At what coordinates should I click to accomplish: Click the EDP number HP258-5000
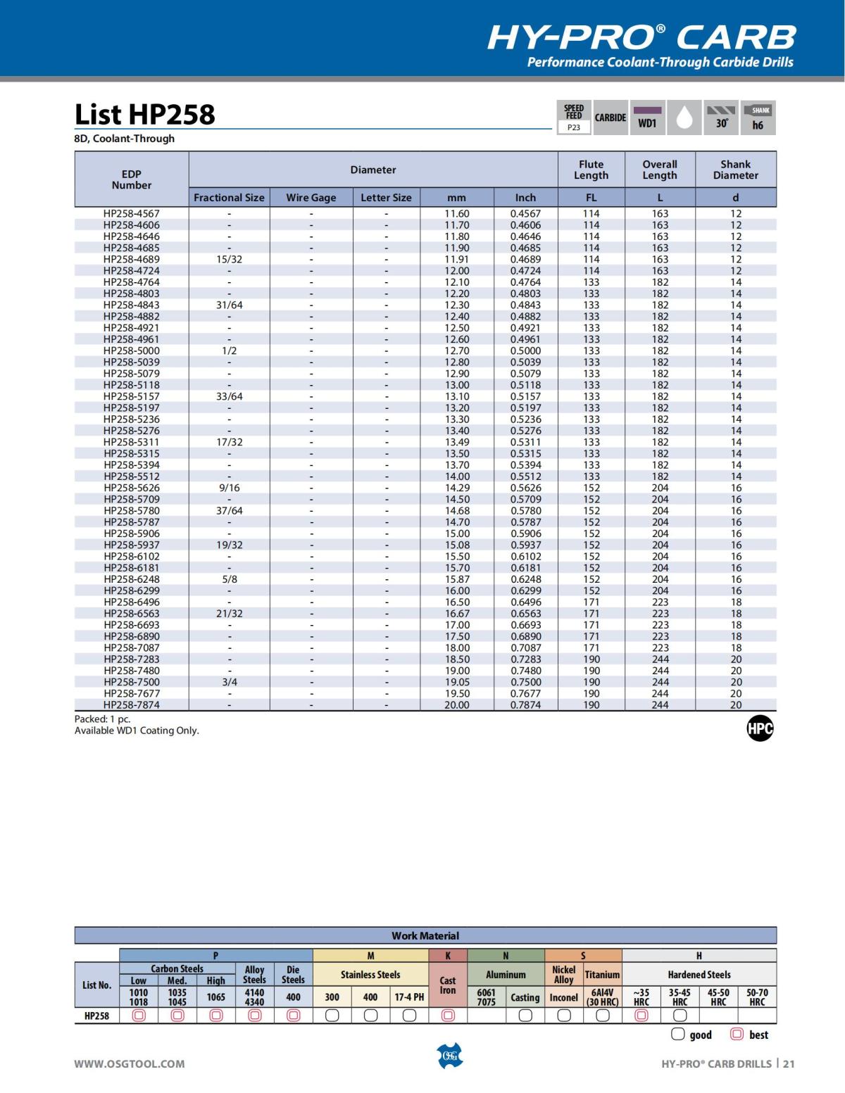pos(132,350)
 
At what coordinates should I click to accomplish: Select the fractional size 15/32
pos(229,259)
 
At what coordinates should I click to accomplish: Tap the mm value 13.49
pos(456,442)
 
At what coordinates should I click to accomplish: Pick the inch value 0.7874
pos(525,705)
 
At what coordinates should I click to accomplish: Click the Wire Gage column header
pos(311,198)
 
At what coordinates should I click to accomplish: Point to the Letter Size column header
pos(386,198)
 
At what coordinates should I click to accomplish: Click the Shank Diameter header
pos(735,170)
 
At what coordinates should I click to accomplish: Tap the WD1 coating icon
pos(647,118)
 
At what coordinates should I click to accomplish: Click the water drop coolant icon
pos(684,118)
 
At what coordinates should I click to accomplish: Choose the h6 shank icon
pos(758,118)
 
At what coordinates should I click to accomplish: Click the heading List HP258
pos(144,114)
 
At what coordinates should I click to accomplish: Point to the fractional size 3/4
pos(229,682)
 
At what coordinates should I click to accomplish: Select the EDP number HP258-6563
pos(132,613)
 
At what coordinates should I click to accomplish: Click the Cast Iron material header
pos(448,985)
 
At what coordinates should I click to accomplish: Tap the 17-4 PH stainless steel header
pos(409,997)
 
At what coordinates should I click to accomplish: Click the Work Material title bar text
pos(425,936)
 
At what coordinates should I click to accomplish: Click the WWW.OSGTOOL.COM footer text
pos(130,1063)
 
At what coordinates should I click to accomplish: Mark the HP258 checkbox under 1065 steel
pos(216,1016)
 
